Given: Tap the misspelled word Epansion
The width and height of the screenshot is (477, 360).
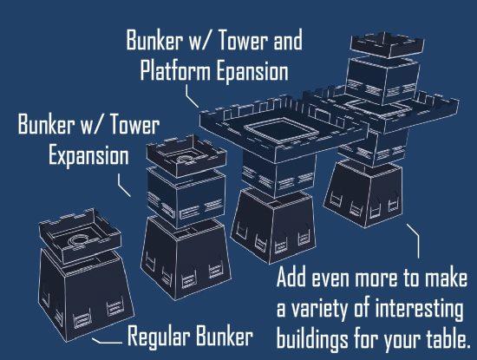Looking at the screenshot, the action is (x=252, y=71).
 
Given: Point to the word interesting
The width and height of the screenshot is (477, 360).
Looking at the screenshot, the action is (x=420, y=309).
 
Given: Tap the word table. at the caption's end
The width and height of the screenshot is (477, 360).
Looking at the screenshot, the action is (x=448, y=338).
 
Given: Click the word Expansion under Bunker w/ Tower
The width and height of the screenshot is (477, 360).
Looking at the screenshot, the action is (x=88, y=156).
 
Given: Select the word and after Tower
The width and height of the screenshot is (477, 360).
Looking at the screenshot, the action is (x=288, y=40).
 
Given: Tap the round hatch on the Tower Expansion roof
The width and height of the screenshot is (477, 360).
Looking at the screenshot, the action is (x=186, y=160).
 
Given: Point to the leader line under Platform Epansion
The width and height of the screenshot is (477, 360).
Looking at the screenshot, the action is (x=191, y=96).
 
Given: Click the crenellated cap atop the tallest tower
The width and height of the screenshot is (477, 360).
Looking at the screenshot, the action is (x=387, y=45).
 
